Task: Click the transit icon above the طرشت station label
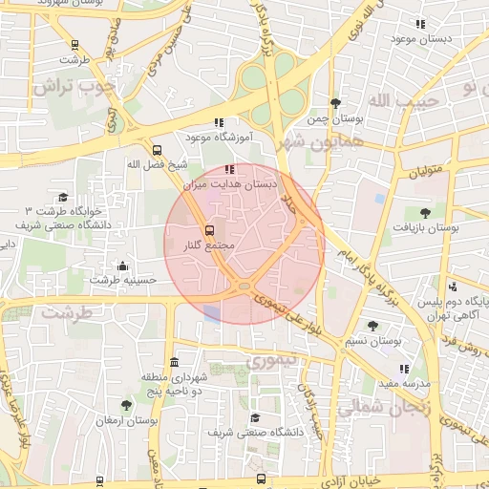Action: point(75,44)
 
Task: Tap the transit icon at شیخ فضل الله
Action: point(158,149)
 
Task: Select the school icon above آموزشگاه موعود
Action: point(219,122)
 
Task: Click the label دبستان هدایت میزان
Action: point(244,182)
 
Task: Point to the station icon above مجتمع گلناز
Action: point(209,230)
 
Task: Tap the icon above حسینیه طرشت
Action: point(122,266)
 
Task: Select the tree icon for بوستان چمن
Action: point(334,103)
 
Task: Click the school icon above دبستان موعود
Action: point(418,24)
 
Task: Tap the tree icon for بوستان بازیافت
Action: point(425,213)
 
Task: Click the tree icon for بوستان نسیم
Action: point(373,326)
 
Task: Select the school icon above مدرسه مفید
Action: point(404,368)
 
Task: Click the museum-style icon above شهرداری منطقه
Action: point(173,363)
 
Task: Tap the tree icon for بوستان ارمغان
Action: point(126,405)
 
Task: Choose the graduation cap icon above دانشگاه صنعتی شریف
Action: point(254,417)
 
